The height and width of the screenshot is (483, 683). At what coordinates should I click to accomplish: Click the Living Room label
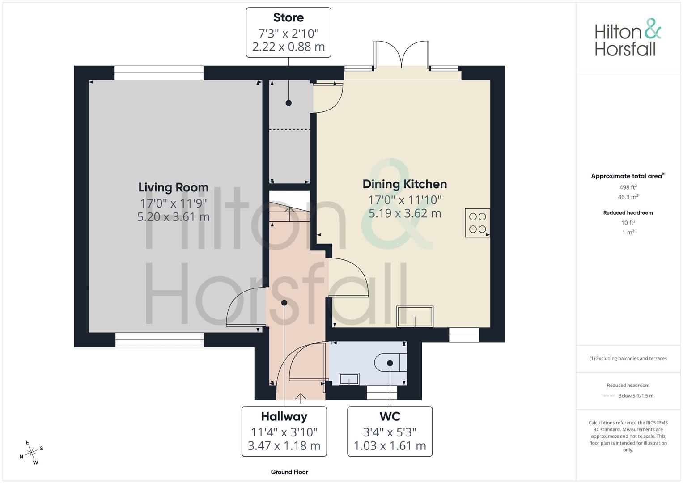pyautogui.click(x=173, y=187)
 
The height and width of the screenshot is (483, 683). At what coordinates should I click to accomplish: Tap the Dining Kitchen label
pyautogui.click(x=405, y=184)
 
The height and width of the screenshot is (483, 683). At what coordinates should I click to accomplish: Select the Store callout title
pyautogui.click(x=288, y=18)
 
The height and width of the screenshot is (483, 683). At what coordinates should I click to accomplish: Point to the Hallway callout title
pyautogui.click(x=284, y=416)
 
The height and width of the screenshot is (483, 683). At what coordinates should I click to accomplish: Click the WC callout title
pyautogui.click(x=390, y=416)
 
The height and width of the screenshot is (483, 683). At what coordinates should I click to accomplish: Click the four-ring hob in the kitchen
pyautogui.click(x=478, y=223)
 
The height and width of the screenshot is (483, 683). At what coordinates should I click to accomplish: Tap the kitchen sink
pyautogui.click(x=415, y=317)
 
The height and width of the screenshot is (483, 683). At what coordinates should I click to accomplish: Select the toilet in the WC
pyautogui.click(x=390, y=363)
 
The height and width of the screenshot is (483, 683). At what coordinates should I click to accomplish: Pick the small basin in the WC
pyautogui.click(x=349, y=379)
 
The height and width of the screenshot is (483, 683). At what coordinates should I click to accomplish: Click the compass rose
pyautogui.click(x=31, y=453)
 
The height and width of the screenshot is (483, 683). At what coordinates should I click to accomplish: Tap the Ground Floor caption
pyautogui.click(x=289, y=472)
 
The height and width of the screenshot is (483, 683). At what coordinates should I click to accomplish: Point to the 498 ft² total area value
pyautogui.click(x=628, y=187)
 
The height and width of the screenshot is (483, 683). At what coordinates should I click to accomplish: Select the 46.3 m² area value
pyautogui.click(x=628, y=197)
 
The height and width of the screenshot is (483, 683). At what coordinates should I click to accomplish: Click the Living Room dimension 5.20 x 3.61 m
pyautogui.click(x=173, y=217)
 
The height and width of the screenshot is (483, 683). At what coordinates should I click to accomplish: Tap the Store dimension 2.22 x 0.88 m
pyautogui.click(x=288, y=47)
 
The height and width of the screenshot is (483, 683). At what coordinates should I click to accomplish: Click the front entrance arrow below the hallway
pyautogui.click(x=301, y=398)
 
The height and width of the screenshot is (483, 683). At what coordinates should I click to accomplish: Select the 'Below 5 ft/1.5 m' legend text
pyautogui.click(x=636, y=396)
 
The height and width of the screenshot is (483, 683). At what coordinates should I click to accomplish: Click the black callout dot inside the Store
pyautogui.click(x=288, y=103)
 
